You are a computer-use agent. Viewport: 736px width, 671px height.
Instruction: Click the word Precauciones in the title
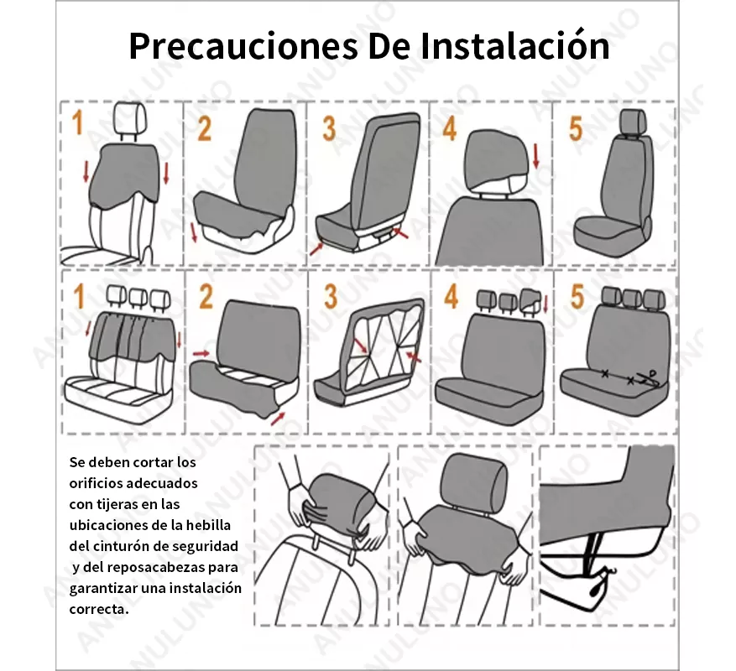click(x=243, y=46)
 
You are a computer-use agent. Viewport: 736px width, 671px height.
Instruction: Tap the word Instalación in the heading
click(x=514, y=46)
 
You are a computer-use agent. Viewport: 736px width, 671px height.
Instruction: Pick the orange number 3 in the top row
click(x=329, y=128)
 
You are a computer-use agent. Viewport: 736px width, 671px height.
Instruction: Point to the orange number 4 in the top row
click(x=450, y=128)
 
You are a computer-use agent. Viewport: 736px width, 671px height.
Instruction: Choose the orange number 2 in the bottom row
click(x=206, y=297)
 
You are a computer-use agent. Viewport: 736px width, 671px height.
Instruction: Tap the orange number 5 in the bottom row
click(x=577, y=297)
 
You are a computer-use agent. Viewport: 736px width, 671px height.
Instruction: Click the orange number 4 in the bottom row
click(x=452, y=297)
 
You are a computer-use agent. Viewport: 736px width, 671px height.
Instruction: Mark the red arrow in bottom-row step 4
click(x=545, y=303)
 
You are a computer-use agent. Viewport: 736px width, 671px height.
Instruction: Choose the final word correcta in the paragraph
click(x=98, y=609)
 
